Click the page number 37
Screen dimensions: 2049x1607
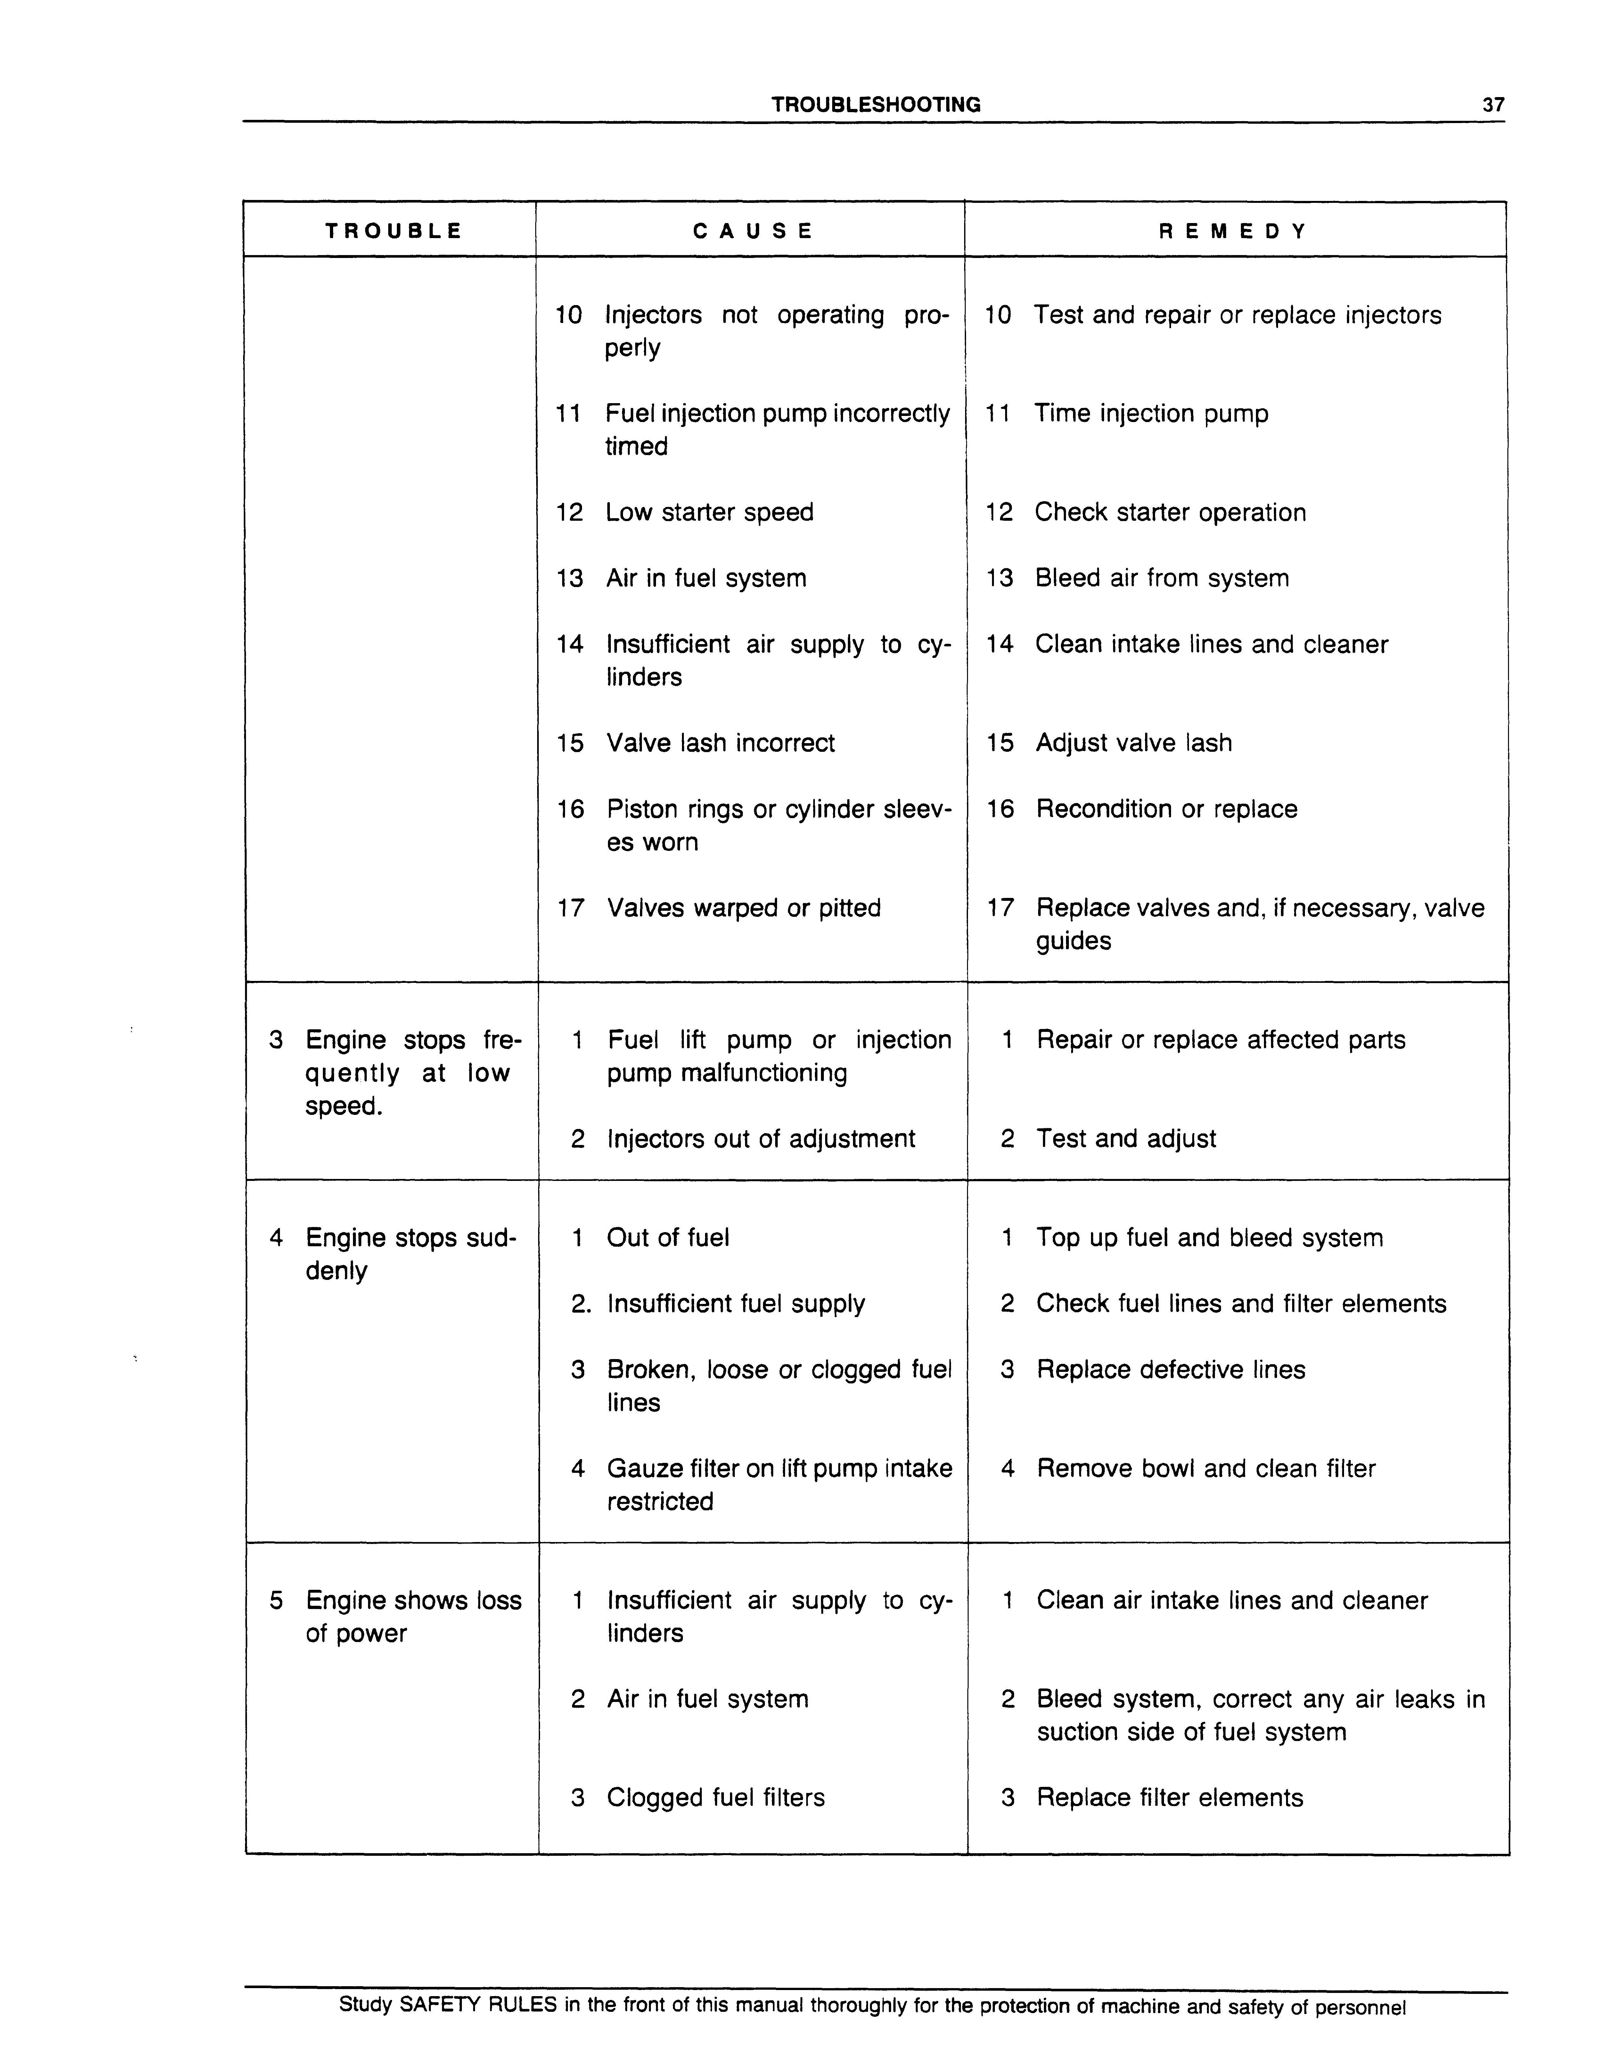[1493, 105]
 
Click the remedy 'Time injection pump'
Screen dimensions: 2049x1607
[1151, 414]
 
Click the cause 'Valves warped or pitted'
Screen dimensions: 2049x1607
[743, 908]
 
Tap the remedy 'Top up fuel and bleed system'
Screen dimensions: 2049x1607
[1209, 1239]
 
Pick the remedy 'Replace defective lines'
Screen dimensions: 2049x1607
[1170, 1370]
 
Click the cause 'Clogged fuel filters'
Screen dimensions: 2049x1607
[715, 1799]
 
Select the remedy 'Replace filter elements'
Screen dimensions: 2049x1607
[1169, 1799]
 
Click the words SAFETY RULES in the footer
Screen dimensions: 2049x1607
[478, 2006]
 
